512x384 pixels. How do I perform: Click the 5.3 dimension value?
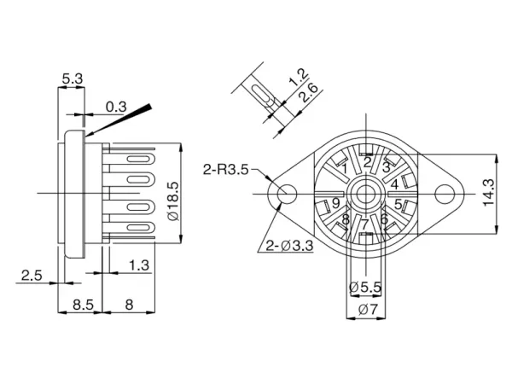72,79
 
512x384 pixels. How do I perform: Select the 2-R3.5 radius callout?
226,170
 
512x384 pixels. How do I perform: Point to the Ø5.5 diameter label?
365,288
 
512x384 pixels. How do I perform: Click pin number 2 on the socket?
367,162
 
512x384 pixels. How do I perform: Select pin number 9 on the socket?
336,203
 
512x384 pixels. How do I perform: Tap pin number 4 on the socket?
394,183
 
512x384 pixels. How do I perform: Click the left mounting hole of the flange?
287,194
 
